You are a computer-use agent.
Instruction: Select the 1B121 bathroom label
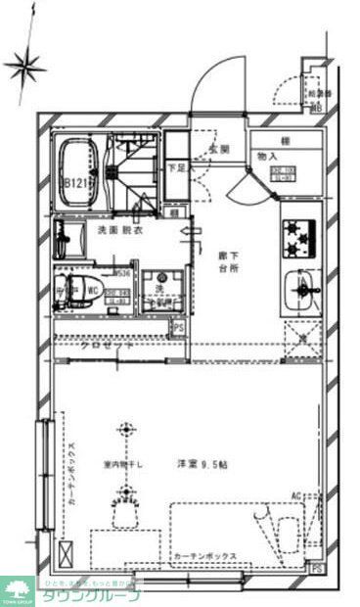coord(77,183)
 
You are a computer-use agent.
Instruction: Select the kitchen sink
coord(299,290)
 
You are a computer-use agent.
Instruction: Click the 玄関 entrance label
coord(218,150)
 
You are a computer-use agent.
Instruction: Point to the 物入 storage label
coord(267,156)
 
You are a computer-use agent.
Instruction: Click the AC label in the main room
coord(296,496)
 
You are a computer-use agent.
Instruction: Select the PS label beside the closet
coord(177,328)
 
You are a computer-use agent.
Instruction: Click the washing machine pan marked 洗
coord(156,290)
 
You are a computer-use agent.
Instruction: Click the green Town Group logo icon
coord(17,587)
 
